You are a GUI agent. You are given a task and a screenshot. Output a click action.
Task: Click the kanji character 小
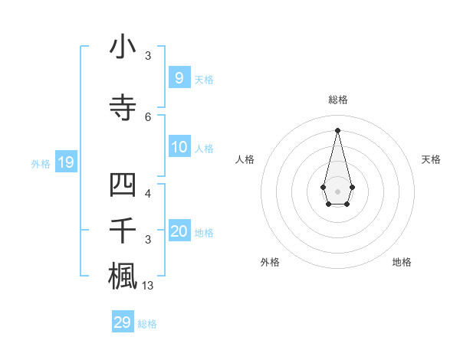tap(123, 47)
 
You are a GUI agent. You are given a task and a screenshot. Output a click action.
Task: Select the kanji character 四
tap(123, 186)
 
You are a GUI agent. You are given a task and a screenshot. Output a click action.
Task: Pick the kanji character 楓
tap(123, 276)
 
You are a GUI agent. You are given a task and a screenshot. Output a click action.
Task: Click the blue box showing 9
tap(179, 78)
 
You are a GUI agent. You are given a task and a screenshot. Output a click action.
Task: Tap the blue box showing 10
tap(179, 147)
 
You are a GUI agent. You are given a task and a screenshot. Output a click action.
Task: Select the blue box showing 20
tap(179, 231)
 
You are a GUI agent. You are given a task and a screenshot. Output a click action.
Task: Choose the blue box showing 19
tap(65, 162)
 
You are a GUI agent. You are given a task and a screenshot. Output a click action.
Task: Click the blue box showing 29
tap(123, 322)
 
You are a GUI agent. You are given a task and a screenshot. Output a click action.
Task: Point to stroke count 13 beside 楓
tap(148, 286)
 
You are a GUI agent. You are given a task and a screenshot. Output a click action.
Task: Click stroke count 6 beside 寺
tap(148, 116)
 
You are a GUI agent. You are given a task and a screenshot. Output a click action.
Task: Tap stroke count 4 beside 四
tap(148, 193)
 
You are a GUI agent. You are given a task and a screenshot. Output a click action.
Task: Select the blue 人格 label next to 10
tap(204, 148)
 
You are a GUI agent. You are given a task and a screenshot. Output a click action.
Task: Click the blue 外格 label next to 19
tap(41, 163)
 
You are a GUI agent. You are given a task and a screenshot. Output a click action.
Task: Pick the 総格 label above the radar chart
tap(338, 100)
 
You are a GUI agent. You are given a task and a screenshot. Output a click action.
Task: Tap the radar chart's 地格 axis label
tap(402, 262)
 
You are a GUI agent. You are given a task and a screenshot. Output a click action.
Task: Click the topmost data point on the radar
tap(337, 129)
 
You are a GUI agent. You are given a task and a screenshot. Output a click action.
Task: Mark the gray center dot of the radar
tap(337, 191)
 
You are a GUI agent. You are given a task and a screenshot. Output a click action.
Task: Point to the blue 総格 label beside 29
tap(147, 323)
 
